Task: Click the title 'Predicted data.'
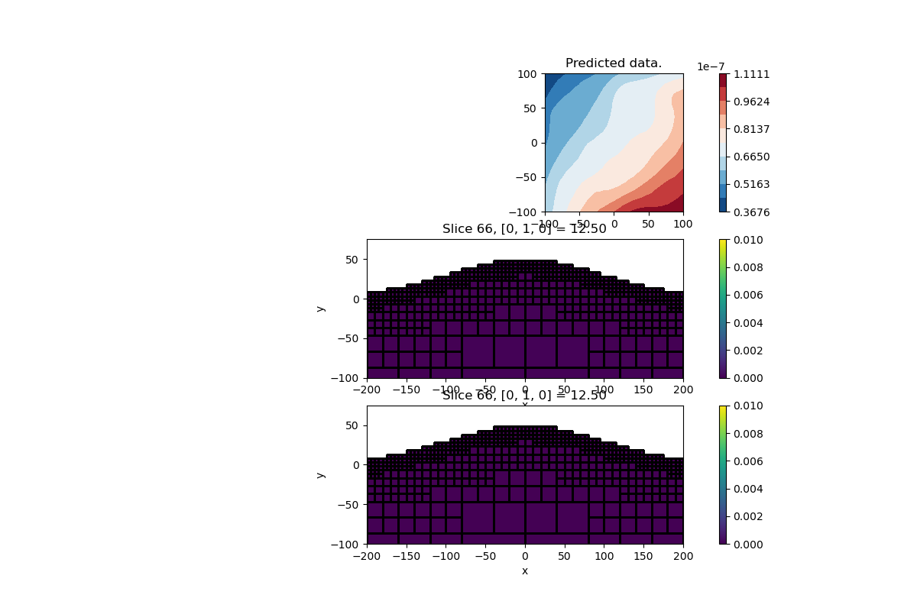click(614, 63)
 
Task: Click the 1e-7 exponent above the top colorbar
click(711, 67)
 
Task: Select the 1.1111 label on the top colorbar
click(751, 74)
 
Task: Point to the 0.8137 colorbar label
click(751, 129)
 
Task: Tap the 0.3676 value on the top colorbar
click(751, 212)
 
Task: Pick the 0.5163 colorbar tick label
click(751, 184)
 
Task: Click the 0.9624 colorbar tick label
click(751, 102)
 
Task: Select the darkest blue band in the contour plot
click(550, 81)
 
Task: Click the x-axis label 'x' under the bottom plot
click(525, 571)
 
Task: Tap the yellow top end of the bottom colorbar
click(724, 408)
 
